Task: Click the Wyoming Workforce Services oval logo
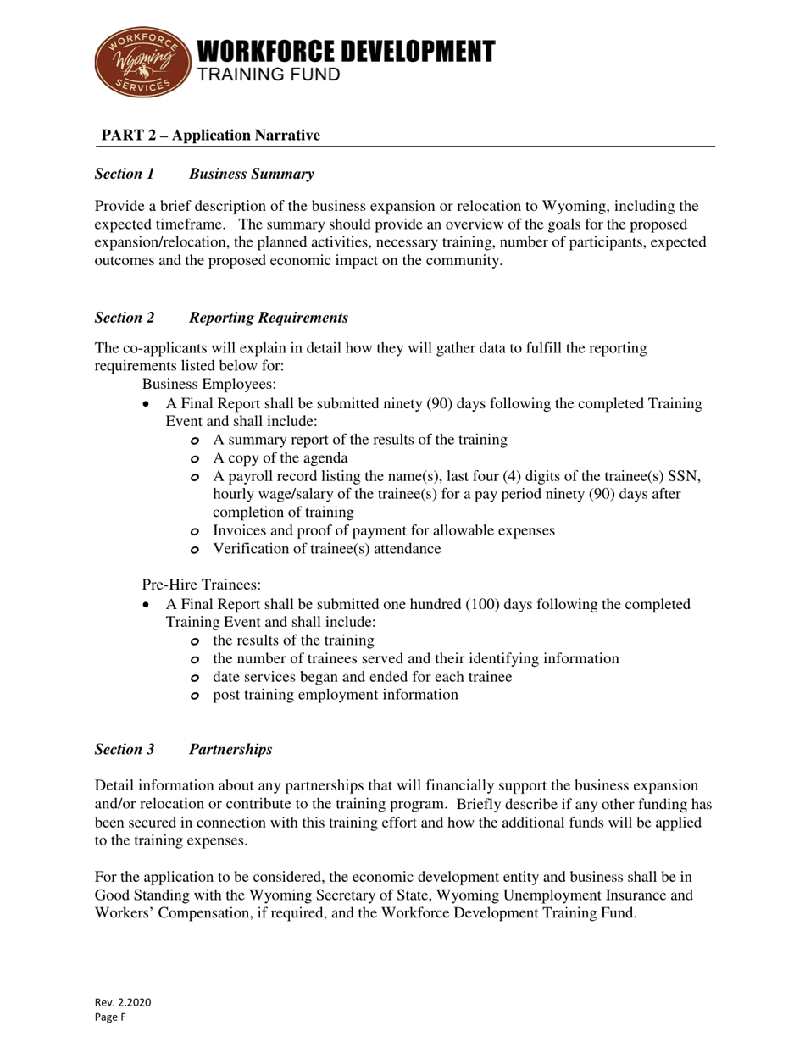[143, 62]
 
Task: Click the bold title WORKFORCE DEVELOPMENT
[346, 51]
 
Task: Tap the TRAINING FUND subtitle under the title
[269, 75]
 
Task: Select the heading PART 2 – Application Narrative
[211, 136]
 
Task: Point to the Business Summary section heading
[251, 174]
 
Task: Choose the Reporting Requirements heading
[268, 318]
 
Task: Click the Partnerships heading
[230, 749]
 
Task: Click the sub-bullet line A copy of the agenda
[280, 457]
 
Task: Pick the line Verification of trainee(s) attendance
[326, 549]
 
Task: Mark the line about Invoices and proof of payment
[383, 530]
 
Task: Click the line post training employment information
[335, 695]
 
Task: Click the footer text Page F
[110, 1017]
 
